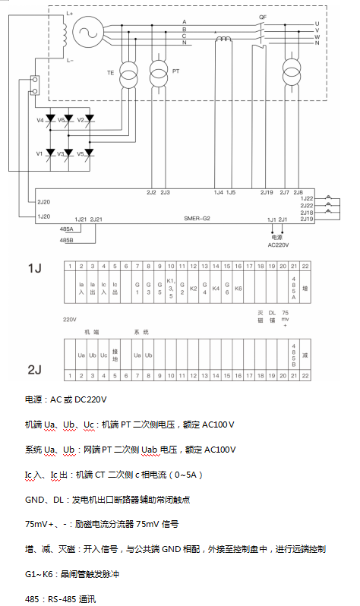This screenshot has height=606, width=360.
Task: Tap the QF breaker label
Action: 263,14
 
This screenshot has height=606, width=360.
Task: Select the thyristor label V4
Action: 39,121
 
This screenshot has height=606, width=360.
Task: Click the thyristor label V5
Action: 81,153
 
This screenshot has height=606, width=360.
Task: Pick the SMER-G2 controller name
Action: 196,217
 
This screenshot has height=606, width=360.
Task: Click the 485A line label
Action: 66,229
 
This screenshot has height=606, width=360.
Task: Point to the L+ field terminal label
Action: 70,13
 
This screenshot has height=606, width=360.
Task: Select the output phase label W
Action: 316,34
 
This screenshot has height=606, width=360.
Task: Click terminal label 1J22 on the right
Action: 307,198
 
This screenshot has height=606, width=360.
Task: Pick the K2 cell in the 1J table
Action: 193,289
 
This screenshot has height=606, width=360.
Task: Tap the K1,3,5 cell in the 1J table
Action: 170,289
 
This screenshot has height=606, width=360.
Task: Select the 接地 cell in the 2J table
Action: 115,355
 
